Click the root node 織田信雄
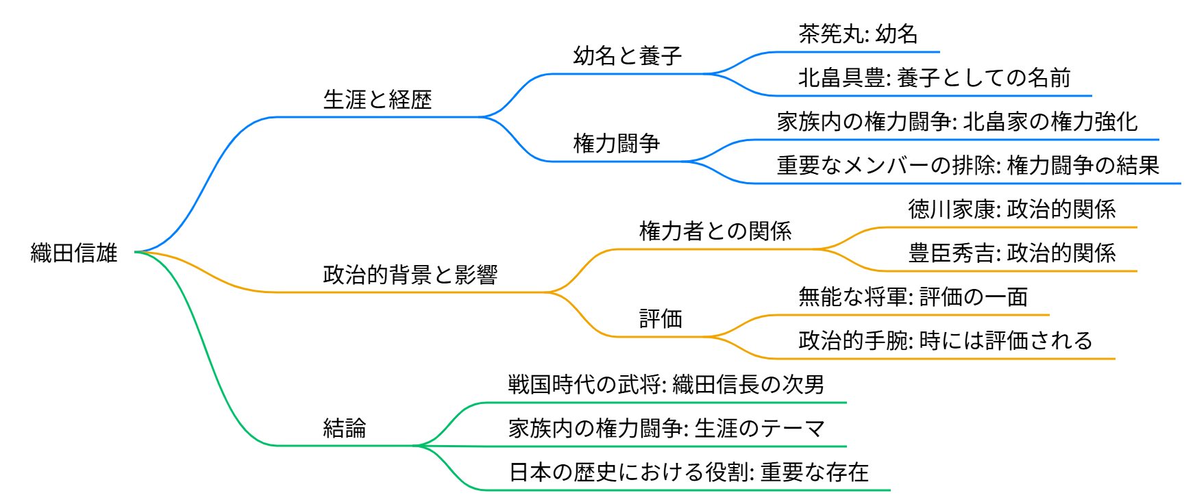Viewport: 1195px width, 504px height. point(74,253)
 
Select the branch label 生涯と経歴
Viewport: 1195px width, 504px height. point(378,99)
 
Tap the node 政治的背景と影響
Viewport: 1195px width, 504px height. point(410,275)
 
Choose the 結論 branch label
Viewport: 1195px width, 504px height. point(345,428)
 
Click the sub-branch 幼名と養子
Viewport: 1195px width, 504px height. point(628,55)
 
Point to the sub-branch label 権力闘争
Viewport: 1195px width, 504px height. point(617,143)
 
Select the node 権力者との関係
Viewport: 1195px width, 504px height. point(715,231)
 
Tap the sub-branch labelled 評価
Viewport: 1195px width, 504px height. point(661,318)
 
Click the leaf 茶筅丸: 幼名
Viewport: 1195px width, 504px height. point(858,34)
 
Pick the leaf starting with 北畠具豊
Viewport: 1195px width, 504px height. point(935,77)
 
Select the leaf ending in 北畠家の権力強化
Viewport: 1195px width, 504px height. point(957,121)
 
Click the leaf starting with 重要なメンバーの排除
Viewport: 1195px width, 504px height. point(968,165)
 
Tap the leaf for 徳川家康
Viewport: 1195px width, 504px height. point(1012,209)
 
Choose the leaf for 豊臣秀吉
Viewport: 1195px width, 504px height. point(1012,253)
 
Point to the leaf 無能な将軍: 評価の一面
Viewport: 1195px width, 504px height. point(913,297)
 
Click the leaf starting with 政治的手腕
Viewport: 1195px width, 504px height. point(946,340)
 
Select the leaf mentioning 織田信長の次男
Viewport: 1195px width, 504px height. point(666,384)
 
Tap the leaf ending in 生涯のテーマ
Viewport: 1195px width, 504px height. point(666,428)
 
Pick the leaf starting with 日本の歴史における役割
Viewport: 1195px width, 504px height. point(689,472)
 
